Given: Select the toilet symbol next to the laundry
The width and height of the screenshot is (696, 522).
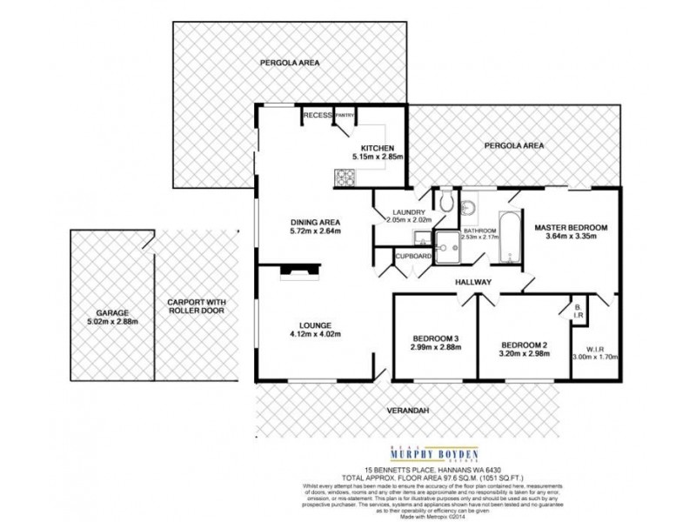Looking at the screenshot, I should coord(446,201).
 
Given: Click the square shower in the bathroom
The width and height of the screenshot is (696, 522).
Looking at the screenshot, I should coord(451,246).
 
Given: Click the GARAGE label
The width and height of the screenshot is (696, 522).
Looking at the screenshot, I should coord(114,311).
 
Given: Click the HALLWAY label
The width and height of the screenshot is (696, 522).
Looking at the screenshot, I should coord(473,282).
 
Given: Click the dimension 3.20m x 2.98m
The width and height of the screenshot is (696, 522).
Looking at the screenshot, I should coord(522,354).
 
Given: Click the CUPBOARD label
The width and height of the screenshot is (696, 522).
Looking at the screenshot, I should coord(413,257).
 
